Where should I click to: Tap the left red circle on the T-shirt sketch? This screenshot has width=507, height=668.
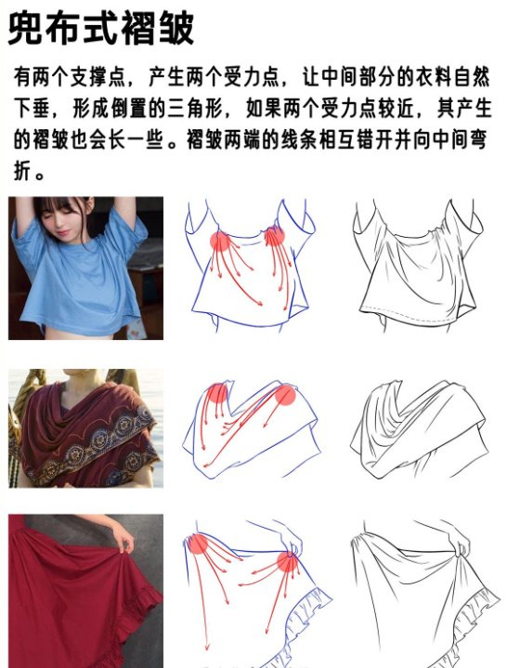pos(220,242)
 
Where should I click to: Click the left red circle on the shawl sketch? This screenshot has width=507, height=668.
pos(216,393)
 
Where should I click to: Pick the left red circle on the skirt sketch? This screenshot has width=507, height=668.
pos(197,544)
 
